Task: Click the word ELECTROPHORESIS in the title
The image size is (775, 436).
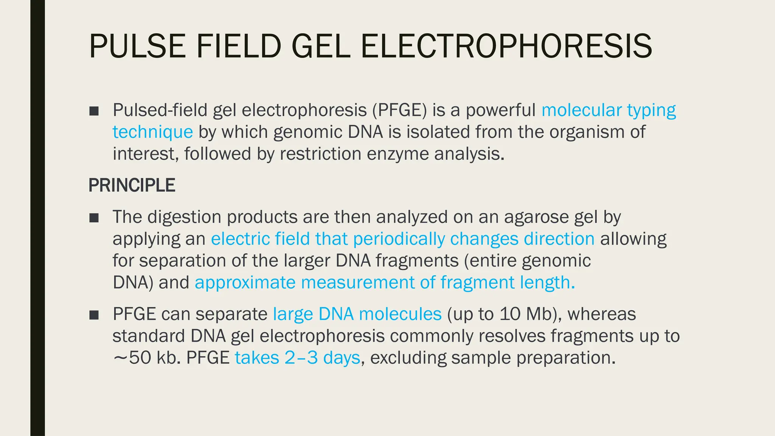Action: click(506, 46)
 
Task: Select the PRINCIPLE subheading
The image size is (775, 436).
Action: click(132, 185)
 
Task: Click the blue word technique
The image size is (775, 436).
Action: click(153, 132)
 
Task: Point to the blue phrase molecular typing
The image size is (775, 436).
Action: click(608, 110)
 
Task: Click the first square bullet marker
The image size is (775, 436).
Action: click(94, 111)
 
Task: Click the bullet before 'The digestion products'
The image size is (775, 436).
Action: click(94, 218)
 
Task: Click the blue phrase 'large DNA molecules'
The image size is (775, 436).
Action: click(357, 314)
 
